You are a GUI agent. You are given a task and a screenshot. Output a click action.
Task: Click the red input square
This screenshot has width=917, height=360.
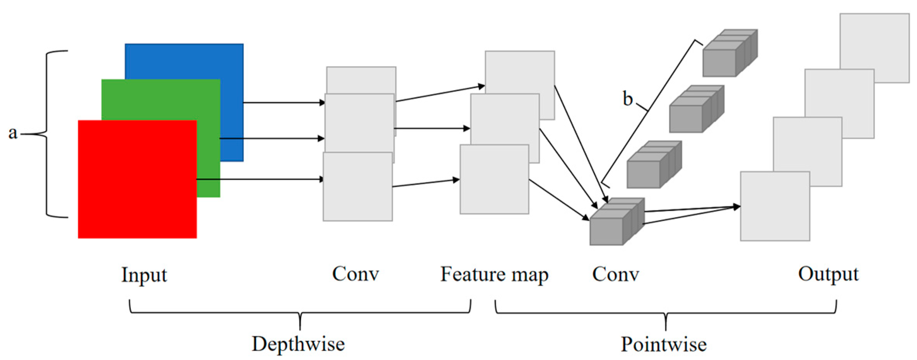point(137,179)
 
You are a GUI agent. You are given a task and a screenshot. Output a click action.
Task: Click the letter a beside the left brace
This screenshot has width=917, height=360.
point(13,133)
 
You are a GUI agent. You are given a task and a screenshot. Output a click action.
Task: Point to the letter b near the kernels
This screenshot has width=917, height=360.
point(628,99)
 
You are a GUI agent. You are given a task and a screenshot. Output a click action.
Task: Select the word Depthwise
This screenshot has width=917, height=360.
point(298,344)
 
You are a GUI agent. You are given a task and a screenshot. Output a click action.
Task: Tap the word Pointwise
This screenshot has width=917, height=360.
point(664,344)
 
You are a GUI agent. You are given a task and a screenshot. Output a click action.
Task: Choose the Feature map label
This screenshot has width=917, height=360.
point(495,275)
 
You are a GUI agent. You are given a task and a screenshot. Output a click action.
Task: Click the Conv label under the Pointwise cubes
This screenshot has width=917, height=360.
point(616,275)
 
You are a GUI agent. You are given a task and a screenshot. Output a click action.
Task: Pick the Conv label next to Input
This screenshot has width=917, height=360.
point(355,274)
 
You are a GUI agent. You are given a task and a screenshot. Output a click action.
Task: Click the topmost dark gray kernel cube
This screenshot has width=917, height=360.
point(730,53)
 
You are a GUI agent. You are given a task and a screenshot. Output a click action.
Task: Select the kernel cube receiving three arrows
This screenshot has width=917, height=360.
point(617,222)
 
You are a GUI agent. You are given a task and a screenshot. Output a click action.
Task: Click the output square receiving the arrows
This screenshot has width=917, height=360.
point(775,206)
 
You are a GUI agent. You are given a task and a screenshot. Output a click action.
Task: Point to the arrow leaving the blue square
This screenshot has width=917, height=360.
point(284,103)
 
